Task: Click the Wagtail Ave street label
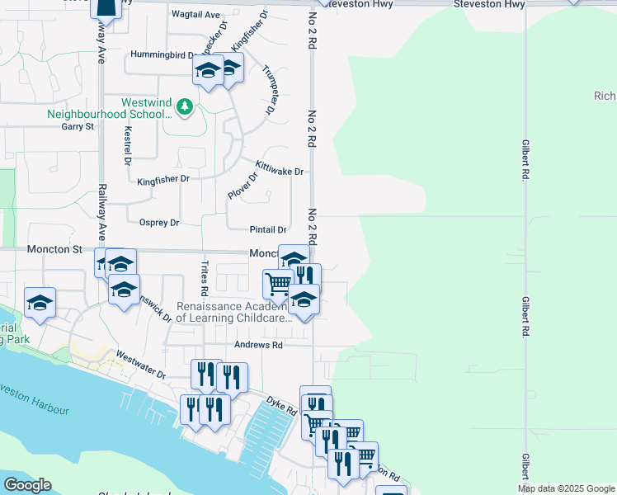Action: pos(195,15)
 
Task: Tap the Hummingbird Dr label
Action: pos(162,55)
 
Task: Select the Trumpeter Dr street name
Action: pos(269,89)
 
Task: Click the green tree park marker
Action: pos(186,107)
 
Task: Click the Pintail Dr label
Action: pos(268,230)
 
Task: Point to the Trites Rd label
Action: pos(203,279)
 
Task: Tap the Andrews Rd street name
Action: pos(261,345)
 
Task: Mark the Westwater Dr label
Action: pos(141,364)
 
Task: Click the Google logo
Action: pos(26,485)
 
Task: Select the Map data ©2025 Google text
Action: pos(565,488)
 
